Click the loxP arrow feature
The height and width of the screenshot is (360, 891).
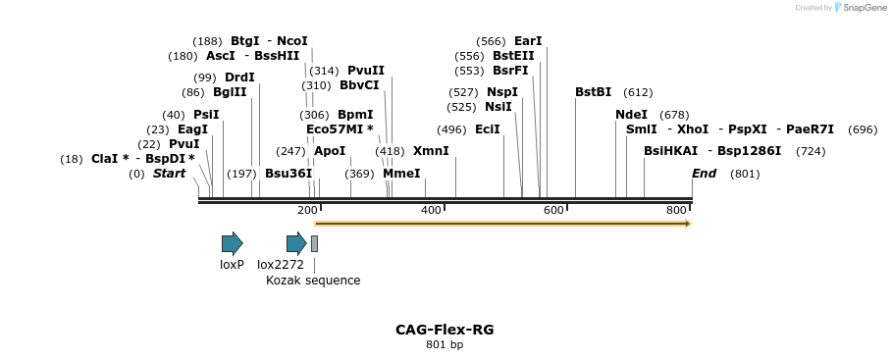coord(232,243)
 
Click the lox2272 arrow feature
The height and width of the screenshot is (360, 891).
coord(296,243)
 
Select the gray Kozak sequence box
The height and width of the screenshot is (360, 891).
coord(314,243)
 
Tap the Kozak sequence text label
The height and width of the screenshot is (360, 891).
coord(313,281)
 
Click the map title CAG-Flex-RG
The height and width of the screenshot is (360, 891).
coord(445,330)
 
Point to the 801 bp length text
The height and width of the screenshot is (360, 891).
coord(445,345)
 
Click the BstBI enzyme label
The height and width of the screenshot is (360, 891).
coord(593,92)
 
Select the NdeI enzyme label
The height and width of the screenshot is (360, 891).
coord(631,115)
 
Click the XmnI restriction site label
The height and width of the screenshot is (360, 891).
coord(431,151)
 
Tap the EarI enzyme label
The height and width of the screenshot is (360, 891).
coord(528,41)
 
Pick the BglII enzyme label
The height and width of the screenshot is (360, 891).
coord(230,92)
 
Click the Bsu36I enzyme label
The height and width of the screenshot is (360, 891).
coord(288,174)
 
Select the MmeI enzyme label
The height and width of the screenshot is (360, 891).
coord(401,174)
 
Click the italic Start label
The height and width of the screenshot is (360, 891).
coord(169,174)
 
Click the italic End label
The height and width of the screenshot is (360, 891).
coord(704,174)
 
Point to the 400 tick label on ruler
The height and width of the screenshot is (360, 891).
coord(430,211)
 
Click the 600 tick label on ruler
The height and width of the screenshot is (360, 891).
coord(553,211)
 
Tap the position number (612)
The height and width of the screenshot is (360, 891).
coord(638,92)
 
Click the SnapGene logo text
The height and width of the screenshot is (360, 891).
coord(860,8)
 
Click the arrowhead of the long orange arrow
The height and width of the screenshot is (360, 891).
coord(688,224)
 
